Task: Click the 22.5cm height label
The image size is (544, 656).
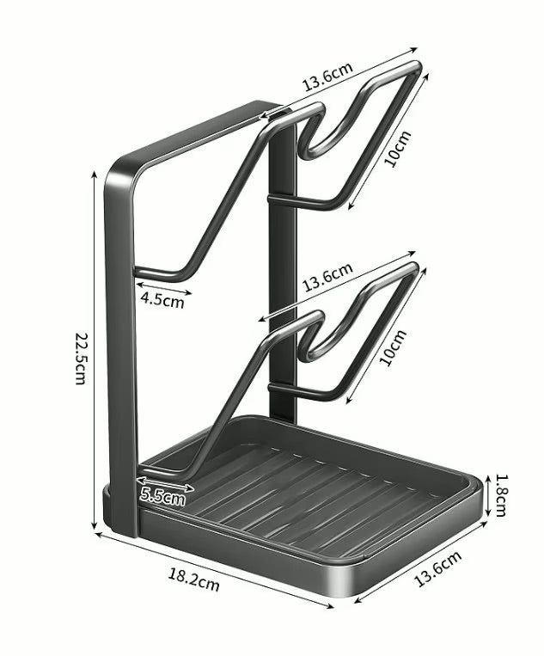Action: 80,359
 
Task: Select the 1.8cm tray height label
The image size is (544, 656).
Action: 500,495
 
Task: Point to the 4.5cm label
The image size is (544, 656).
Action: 162,300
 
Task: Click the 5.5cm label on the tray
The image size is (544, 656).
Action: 162,497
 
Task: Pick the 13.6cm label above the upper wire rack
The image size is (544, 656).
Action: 327,76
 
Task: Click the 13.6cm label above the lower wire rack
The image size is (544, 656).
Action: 327,277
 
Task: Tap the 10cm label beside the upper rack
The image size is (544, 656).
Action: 398,149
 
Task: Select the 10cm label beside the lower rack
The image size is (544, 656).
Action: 393,347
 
